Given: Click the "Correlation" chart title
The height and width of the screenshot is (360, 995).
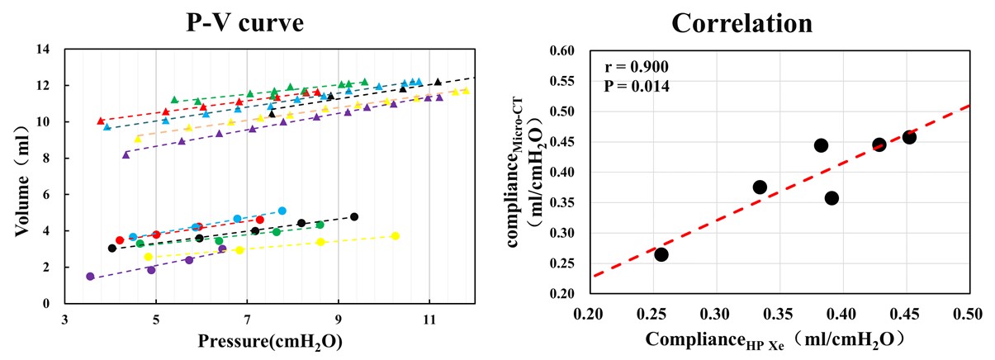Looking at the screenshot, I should (x=742, y=22).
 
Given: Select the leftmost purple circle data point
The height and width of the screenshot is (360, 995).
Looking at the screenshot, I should (x=90, y=277).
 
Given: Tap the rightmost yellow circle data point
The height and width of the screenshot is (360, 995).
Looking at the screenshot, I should (x=396, y=236).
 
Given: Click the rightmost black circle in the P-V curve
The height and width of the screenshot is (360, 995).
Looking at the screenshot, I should (x=354, y=217).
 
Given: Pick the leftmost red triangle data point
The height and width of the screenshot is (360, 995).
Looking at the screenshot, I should (x=101, y=121).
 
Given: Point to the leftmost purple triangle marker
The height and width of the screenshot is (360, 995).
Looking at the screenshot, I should (x=126, y=154).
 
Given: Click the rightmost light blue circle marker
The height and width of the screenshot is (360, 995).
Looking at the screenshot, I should (x=282, y=211).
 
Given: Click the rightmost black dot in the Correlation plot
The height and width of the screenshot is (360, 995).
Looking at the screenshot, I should (x=909, y=137).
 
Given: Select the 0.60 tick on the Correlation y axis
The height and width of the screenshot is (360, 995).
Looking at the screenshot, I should (x=559, y=50).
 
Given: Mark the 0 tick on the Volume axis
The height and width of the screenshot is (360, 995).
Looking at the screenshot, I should (x=48, y=304).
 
